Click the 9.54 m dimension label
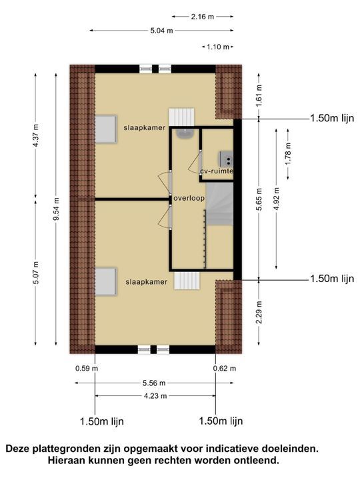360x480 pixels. pyautogui.click(x=57, y=208)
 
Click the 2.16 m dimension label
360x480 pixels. pyautogui.click(x=202, y=16)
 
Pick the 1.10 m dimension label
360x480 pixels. pyautogui.click(x=217, y=47)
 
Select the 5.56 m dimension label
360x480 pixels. pyautogui.click(x=154, y=383)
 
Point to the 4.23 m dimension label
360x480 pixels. pyautogui.click(x=154, y=395)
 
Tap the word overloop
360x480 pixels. pyautogui.click(x=189, y=199)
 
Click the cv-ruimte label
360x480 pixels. pyautogui.click(x=217, y=171)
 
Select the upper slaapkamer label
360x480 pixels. pyautogui.click(x=144, y=127)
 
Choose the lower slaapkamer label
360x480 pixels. pyautogui.click(x=146, y=282)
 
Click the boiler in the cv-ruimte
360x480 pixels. pyautogui.click(x=226, y=159)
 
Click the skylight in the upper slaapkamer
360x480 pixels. pyautogui.click(x=105, y=129)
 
